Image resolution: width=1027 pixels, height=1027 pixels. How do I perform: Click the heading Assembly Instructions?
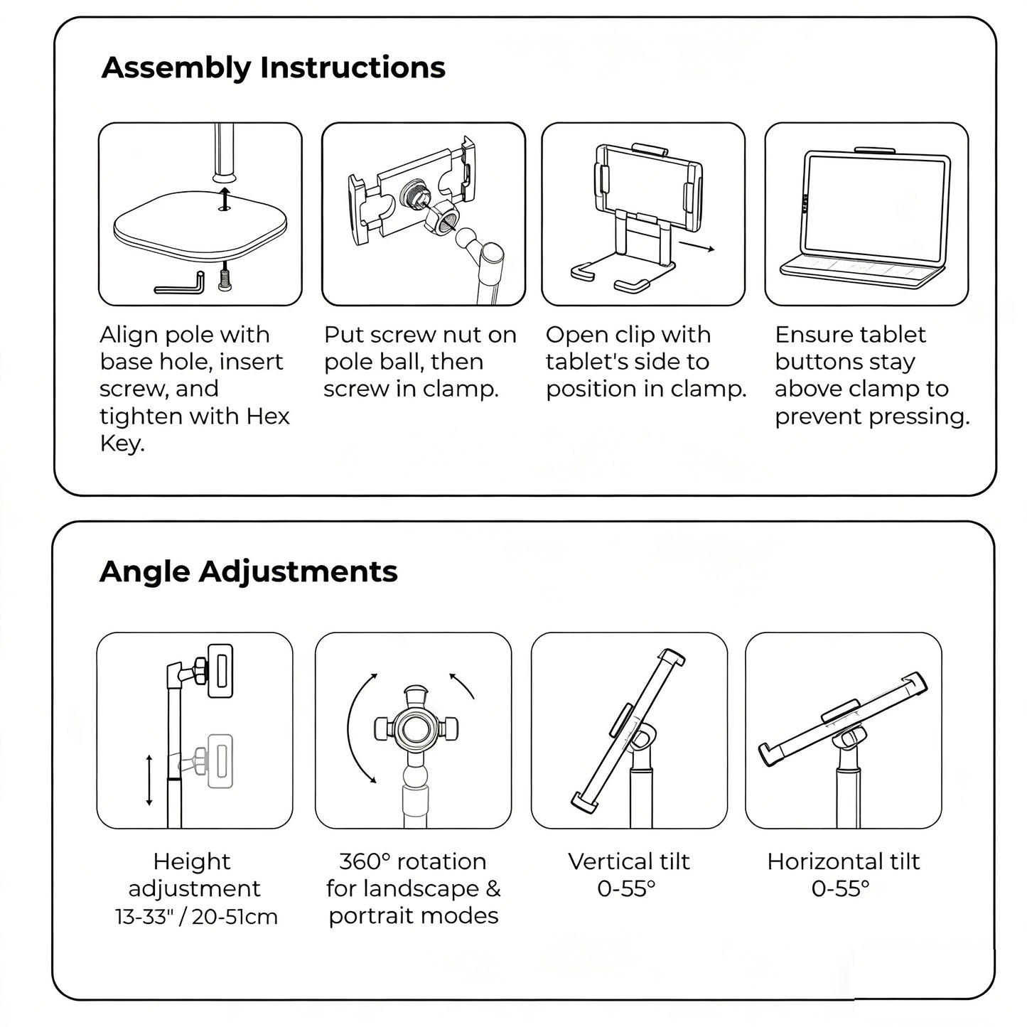click(273, 68)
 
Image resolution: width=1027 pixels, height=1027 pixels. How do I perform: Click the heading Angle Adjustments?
click(248, 571)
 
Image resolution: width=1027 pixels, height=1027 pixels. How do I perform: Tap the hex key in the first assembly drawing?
click(181, 286)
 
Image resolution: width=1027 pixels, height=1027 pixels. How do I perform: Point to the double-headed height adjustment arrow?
click(149, 780)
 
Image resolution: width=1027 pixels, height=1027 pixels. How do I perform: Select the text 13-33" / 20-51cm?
click(196, 917)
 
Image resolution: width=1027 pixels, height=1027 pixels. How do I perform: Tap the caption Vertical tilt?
click(628, 861)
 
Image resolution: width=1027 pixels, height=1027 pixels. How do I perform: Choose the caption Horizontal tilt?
click(843, 861)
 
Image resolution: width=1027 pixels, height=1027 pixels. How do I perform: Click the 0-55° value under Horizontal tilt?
click(840, 888)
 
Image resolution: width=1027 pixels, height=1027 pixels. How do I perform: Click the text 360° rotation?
click(413, 861)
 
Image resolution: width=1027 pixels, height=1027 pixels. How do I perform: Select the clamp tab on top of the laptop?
click(874, 150)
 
